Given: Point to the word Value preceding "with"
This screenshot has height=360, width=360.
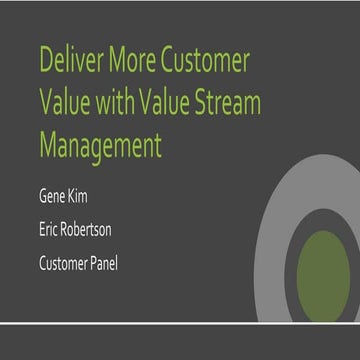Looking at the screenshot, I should pyautogui.click(x=65, y=103).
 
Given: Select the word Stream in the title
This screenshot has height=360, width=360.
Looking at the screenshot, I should pyautogui.click(x=235, y=103).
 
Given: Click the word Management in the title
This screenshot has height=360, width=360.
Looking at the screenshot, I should pyautogui.click(x=100, y=146).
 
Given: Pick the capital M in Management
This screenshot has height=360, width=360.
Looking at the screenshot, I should pyautogui.click(x=49, y=146).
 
